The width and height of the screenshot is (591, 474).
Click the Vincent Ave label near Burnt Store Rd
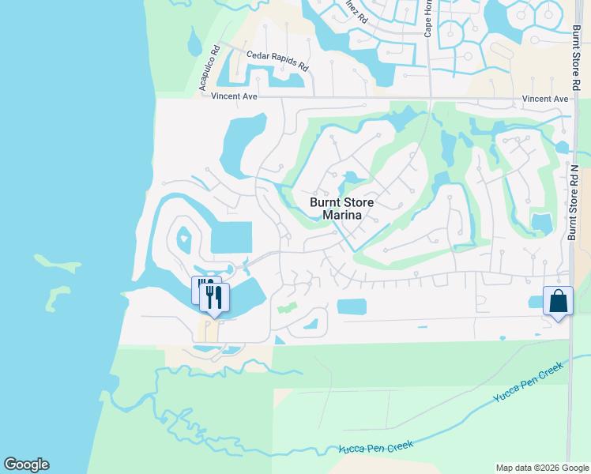point(545,99)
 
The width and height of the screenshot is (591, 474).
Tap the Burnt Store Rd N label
point(574,202)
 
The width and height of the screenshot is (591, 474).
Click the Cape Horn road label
point(427,19)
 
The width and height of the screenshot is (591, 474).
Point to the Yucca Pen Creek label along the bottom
point(376,447)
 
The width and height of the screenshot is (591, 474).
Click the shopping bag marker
point(558,302)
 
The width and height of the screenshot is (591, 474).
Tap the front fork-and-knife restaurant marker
point(213,297)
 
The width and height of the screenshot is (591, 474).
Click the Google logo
point(26,465)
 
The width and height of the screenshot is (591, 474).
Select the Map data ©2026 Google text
point(541,468)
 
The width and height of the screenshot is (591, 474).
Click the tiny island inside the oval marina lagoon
point(184,235)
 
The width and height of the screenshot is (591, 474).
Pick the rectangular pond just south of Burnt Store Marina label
point(352,307)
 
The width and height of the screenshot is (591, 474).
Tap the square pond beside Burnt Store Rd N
point(541,223)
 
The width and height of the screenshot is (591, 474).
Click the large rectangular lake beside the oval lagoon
point(232,238)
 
